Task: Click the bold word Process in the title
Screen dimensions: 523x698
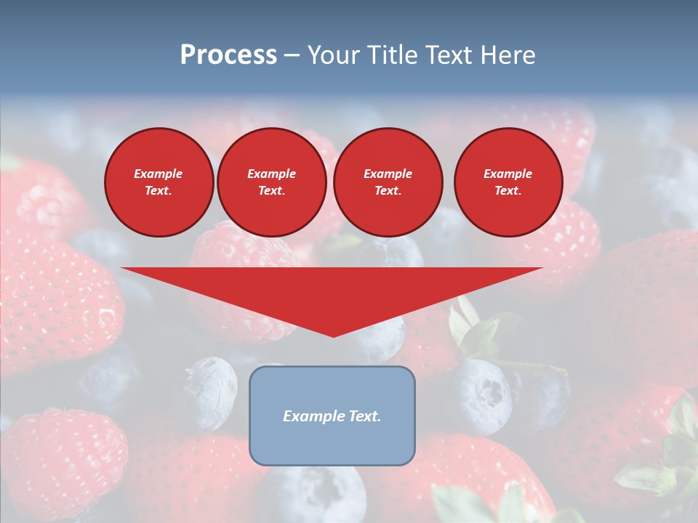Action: pyautogui.click(x=228, y=55)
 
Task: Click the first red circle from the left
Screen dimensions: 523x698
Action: pyautogui.click(x=159, y=182)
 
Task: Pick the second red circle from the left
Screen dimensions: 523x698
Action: pyautogui.click(x=271, y=182)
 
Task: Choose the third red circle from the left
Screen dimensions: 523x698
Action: pyautogui.click(x=388, y=182)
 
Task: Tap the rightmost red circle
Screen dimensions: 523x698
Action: pyautogui.click(x=508, y=182)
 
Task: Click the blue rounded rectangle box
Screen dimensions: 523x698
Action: pyautogui.click(x=332, y=443)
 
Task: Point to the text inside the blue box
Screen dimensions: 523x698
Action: pyautogui.click(x=332, y=416)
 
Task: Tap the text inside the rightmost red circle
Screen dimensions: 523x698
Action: pyautogui.click(x=508, y=182)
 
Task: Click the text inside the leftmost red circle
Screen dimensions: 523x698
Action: pyautogui.click(x=159, y=182)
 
